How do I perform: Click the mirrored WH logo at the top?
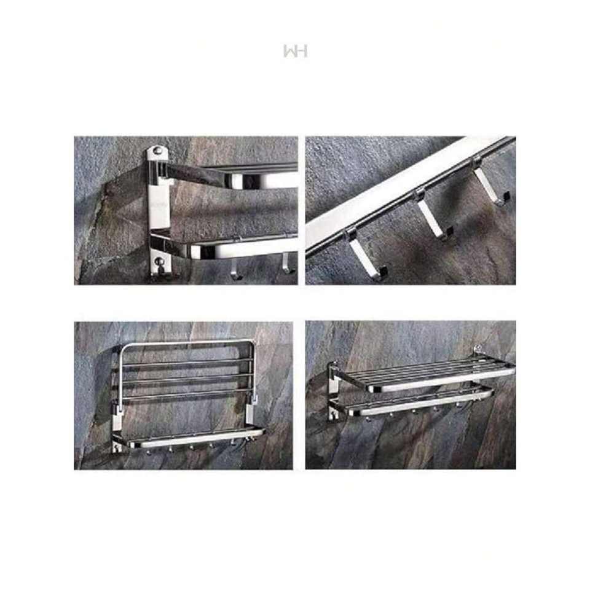click(x=296, y=51)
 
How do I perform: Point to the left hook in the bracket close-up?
click(x=236, y=269)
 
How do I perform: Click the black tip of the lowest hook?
click(x=383, y=271)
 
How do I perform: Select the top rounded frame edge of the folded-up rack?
click(x=187, y=343)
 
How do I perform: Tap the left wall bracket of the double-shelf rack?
click(x=333, y=391)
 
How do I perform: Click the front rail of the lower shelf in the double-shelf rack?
click(x=420, y=404)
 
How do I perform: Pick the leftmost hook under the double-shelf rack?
click(x=368, y=418)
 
